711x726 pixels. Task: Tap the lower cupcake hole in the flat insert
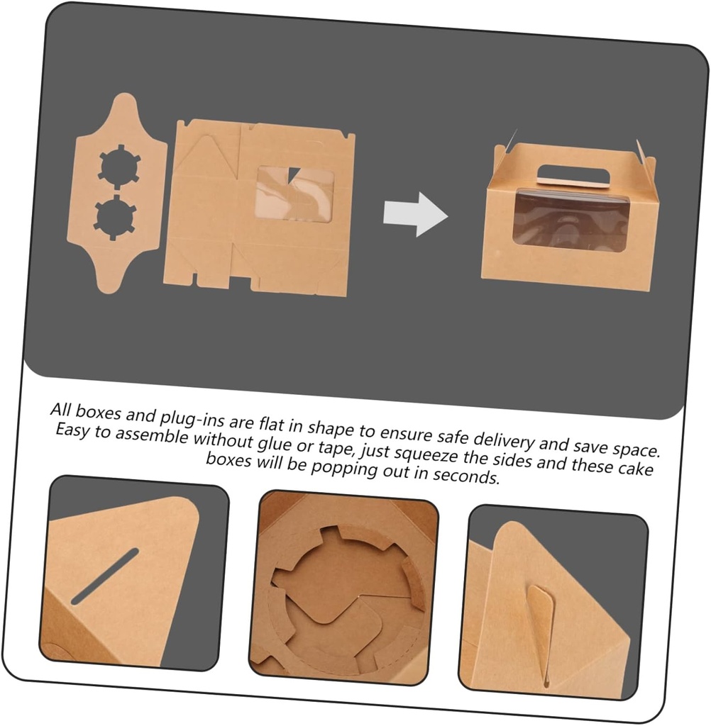pyautogui.click(x=115, y=218)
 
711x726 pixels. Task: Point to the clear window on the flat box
pyautogui.click(x=295, y=193)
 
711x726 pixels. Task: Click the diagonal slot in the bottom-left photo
pyautogui.click(x=105, y=576)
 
